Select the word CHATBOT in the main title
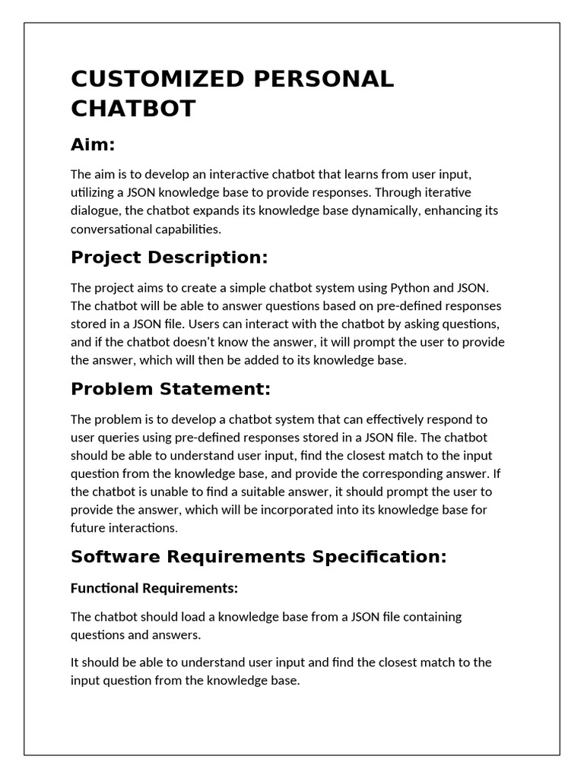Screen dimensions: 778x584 click(x=133, y=109)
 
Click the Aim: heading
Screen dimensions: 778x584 click(x=93, y=145)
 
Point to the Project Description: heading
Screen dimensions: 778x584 click(x=170, y=258)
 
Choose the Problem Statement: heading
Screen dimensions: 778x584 click(x=170, y=389)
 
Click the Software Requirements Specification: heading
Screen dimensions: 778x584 click(x=259, y=557)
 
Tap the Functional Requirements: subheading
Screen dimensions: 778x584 click(x=154, y=588)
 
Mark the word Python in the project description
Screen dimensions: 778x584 click(x=410, y=288)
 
